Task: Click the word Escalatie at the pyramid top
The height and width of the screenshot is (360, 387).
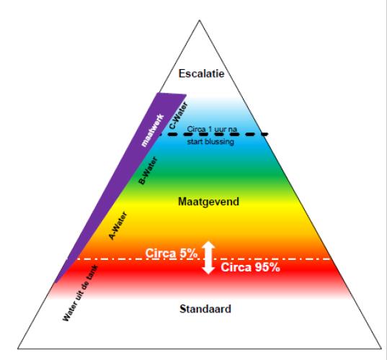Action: pyautogui.click(x=201, y=73)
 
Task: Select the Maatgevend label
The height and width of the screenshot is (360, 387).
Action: pyautogui.click(x=208, y=202)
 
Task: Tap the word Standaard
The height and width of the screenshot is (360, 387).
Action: pyautogui.click(x=205, y=309)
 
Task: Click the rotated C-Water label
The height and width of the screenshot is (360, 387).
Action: pyautogui.click(x=179, y=115)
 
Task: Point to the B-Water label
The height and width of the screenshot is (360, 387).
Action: pyautogui.click(x=148, y=171)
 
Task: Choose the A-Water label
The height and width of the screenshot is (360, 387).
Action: pyautogui.click(x=118, y=226)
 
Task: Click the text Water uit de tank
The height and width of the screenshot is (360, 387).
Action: pyautogui.click(x=81, y=293)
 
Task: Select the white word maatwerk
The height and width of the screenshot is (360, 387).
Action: pyautogui.click(x=153, y=130)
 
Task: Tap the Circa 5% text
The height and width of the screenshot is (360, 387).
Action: pyautogui.click(x=172, y=253)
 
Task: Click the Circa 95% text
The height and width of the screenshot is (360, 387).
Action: pyautogui.click(x=250, y=267)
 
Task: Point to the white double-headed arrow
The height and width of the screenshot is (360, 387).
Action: pyautogui.click(x=208, y=258)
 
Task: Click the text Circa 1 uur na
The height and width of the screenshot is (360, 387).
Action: pyautogui.click(x=212, y=129)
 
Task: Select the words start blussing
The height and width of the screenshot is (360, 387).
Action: pyautogui.click(x=210, y=142)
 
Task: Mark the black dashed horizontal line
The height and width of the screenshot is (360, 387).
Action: pyautogui.click(x=214, y=135)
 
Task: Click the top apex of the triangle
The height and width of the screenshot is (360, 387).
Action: pyautogui.click(x=200, y=20)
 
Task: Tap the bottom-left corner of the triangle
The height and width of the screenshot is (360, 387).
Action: pyautogui.click(x=18, y=348)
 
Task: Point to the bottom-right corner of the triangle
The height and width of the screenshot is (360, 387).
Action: pyautogui.click(x=381, y=348)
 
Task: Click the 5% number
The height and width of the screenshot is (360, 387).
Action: pyautogui.click(x=188, y=253)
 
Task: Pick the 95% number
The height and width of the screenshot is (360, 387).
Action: pyautogui.click(x=267, y=267)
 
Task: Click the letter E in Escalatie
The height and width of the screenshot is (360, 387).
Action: pyautogui.click(x=182, y=73)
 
